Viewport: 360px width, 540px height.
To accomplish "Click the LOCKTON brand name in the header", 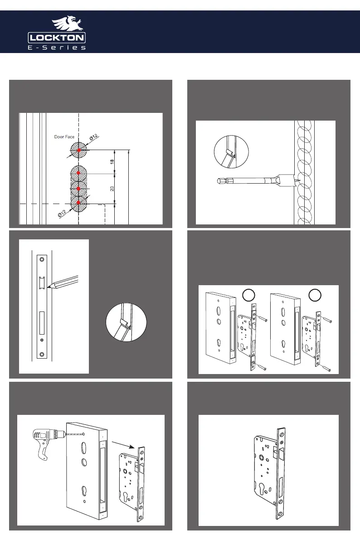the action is tap(57, 37).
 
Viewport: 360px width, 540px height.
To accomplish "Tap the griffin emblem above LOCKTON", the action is tap(67, 24).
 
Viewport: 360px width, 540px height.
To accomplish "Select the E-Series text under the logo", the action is tap(57, 48).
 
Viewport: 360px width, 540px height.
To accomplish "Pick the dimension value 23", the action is tap(112, 188).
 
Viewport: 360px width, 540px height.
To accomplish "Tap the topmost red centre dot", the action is tap(79, 150).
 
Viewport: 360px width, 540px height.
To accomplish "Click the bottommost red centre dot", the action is tap(79, 203).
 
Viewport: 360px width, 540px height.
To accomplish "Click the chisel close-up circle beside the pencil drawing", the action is tap(123, 323).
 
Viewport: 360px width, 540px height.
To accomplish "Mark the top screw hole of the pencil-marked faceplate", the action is tap(42, 259).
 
